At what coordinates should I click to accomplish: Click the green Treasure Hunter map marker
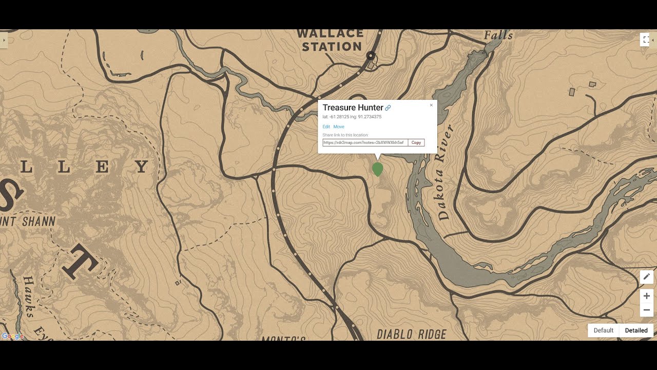pos(378,169)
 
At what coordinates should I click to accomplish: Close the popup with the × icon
pos(431,105)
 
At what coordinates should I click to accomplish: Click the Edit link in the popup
pos(326,127)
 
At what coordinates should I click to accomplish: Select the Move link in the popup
pos(339,127)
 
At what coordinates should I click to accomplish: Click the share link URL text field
pos(365,142)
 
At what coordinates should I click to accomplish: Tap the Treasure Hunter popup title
pos(353,107)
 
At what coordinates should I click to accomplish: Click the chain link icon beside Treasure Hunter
pos(388,108)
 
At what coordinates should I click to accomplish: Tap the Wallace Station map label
pos(330,40)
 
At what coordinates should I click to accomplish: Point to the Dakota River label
pos(445,172)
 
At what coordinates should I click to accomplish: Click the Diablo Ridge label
pos(412,335)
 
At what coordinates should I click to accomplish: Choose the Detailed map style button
pos(636,330)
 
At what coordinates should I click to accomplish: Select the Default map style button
pos(604,330)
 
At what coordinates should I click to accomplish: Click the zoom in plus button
pos(647,296)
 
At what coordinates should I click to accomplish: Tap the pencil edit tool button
pos(647,277)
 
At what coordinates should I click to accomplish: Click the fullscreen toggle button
pos(645,40)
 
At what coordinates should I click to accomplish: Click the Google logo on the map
pos(12,336)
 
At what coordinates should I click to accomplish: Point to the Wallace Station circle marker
pos(371,55)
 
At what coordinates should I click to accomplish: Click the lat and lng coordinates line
pos(352,117)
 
